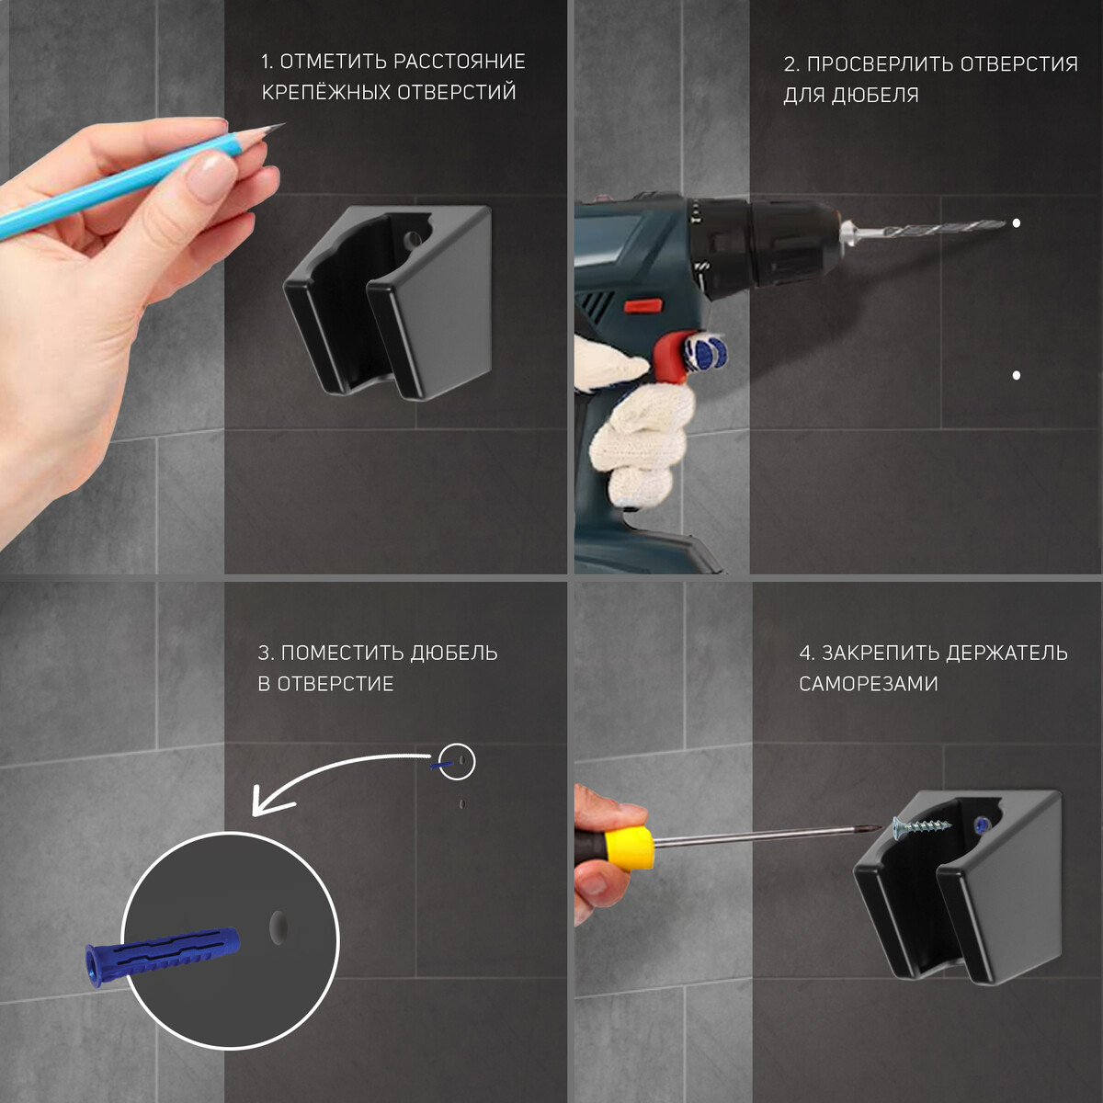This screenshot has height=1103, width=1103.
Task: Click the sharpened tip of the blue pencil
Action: pos(283,124)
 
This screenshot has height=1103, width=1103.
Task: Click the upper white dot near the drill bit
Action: pos(1016,223)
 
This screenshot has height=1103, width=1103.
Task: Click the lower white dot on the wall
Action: pos(1016,376)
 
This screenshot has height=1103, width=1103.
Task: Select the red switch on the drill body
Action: pos(642,306)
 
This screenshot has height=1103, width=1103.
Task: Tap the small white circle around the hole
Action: pos(457,762)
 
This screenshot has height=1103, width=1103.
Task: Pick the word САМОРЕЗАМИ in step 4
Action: pos(869,684)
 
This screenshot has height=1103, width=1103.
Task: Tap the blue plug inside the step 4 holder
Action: pos(983,824)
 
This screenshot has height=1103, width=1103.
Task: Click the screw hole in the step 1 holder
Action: pos(412,239)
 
